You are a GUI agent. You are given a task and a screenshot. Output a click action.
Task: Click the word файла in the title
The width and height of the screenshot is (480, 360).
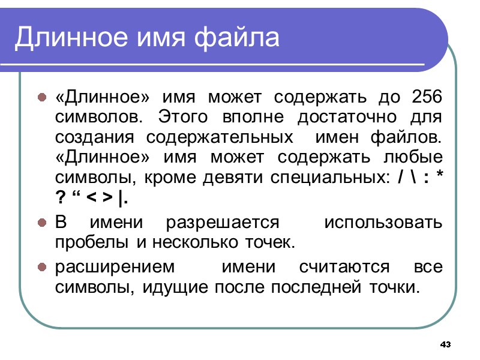click(245, 38)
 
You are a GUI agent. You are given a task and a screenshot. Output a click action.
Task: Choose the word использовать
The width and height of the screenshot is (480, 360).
click(383, 223)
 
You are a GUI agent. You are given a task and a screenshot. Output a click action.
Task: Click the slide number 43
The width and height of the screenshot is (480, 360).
click(445, 345)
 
